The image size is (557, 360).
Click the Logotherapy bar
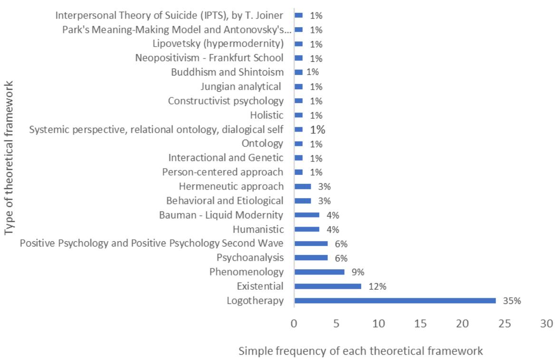[x=395, y=301]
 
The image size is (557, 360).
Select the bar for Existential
[x=328, y=286]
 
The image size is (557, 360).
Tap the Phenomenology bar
[x=319, y=272]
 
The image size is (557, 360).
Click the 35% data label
[x=512, y=301]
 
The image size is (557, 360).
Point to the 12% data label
[x=377, y=286]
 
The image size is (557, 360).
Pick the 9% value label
[x=358, y=272]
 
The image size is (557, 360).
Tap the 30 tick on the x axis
[x=547, y=323]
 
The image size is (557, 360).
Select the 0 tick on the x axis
[x=294, y=323]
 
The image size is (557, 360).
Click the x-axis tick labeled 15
[x=421, y=323]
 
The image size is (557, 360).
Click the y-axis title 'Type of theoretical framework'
[x=9, y=158]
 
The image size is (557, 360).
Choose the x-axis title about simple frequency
[x=360, y=351]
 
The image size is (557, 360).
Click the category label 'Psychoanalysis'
[x=250, y=258]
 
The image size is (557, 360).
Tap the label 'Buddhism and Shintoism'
[x=227, y=72]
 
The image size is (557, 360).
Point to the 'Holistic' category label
[x=267, y=115]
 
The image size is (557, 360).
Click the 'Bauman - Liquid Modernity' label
[x=221, y=215]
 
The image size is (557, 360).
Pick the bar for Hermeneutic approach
[x=303, y=186]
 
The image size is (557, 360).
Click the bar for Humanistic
[x=307, y=229]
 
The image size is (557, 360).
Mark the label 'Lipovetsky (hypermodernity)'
[x=218, y=44]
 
